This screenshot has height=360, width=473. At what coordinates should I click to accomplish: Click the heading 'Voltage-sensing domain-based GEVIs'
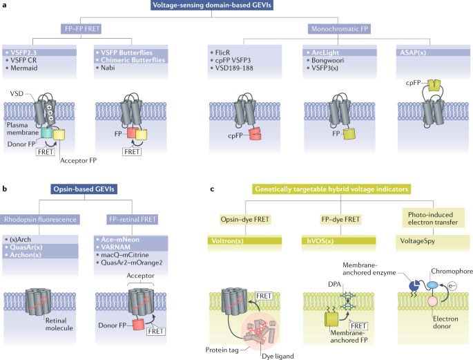tap(235, 7)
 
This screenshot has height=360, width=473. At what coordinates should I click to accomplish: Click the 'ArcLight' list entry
tap(325, 52)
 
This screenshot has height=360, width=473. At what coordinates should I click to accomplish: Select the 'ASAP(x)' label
tap(414, 52)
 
